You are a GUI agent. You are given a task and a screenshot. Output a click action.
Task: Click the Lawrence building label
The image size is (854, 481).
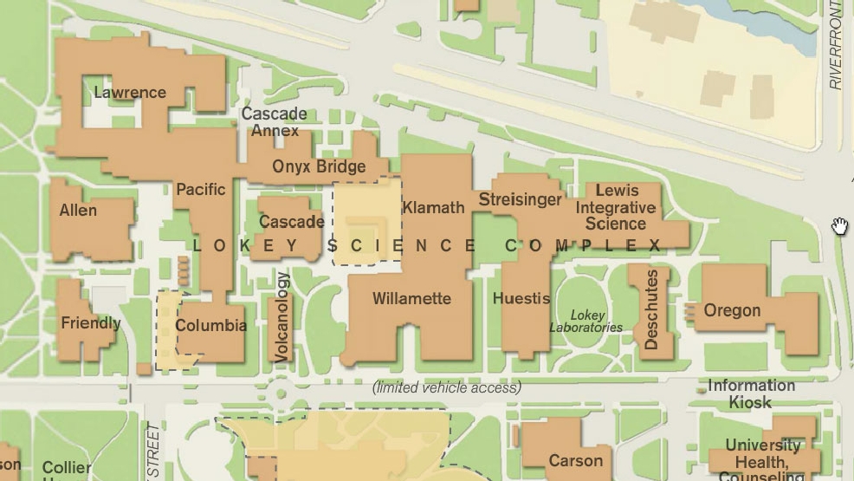[129, 92]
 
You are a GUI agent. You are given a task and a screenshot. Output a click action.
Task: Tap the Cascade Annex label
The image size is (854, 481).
[274, 122]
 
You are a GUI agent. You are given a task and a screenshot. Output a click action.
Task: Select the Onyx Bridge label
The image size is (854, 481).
[319, 166]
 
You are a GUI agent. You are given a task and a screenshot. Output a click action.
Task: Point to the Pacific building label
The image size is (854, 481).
[200, 189]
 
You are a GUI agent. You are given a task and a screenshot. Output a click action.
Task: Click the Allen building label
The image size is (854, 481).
[78, 210]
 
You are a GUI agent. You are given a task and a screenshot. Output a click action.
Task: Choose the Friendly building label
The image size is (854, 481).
[90, 323]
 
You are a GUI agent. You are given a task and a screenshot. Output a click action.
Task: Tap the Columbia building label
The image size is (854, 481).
[210, 326]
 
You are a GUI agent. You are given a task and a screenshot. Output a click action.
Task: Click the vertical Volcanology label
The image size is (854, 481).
[281, 316]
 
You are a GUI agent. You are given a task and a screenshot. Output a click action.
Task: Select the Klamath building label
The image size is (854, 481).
[433, 207]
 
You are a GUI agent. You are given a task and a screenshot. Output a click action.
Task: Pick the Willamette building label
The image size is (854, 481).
[411, 298]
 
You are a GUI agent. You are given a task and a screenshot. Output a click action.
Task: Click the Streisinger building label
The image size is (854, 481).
[520, 200]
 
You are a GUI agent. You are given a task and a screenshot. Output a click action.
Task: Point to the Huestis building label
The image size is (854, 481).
[521, 298]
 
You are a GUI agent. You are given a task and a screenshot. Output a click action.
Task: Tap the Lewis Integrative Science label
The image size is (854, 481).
[616, 207]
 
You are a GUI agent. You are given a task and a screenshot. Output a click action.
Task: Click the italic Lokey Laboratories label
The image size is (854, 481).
[586, 321]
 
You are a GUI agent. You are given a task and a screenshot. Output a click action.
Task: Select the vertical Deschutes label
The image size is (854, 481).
[652, 309]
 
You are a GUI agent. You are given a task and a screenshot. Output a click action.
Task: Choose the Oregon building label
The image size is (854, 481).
[732, 310]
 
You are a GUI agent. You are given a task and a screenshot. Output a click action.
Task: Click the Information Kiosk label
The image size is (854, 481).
[751, 393]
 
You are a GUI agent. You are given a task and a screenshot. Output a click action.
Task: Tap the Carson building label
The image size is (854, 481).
[575, 460]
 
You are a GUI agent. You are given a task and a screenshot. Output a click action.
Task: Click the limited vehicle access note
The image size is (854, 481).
[447, 387]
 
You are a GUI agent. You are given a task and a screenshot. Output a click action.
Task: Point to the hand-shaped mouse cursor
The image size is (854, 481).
[839, 226]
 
